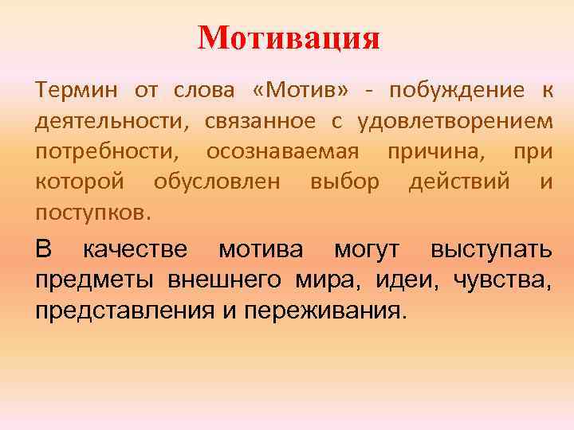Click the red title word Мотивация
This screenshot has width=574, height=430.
(x=289, y=37)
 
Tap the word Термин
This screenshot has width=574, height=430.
(x=74, y=89)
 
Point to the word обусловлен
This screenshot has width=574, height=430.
(x=216, y=182)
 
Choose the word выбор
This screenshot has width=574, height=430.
(x=344, y=182)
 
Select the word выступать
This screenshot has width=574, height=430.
(x=490, y=249)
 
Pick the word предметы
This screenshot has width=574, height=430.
(x=96, y=279)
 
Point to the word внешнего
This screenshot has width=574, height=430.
(x=224, y=279)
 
